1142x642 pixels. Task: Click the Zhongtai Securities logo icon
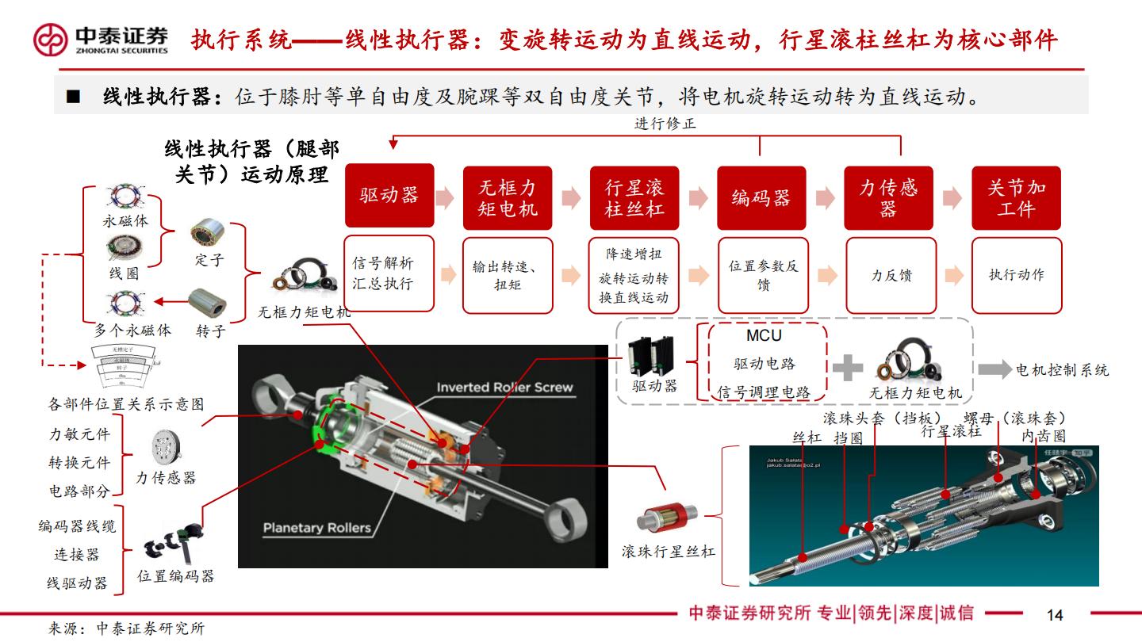tap(50, 39)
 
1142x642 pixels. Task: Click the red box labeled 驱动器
tap(389, 196)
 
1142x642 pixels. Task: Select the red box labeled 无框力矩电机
tap(508, 197)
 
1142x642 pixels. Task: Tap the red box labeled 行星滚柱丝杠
tap(634, 197)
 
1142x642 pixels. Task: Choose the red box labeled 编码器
tap(761, 197)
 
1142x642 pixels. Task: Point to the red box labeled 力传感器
tap(888, 197)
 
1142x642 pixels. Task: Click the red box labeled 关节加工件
tap(1016, 197)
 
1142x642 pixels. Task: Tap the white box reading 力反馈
tap(891, 274)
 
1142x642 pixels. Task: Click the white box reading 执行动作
tap(1016, 274)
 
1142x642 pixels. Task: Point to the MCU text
tap(764, 335)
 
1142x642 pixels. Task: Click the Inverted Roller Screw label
tap(504, 388)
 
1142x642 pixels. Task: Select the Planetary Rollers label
tap(316, 527)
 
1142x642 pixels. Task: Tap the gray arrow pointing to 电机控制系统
tap(994, 369)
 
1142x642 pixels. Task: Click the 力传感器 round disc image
tap(165, 447)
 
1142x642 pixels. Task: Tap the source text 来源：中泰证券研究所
tap(126, 629)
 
